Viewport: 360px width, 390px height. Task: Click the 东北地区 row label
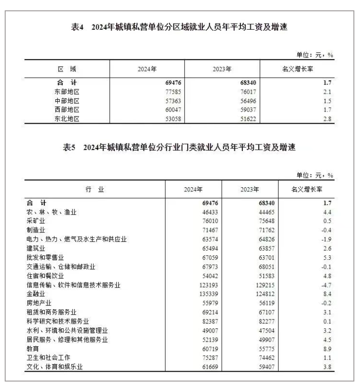point(67,119)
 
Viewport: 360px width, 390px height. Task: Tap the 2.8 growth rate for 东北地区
point(328,119)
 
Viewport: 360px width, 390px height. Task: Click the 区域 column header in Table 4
point(67,69)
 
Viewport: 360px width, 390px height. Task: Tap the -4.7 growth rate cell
point(327,285)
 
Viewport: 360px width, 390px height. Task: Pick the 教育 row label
point(33,348)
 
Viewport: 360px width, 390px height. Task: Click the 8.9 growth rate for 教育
point(328,348)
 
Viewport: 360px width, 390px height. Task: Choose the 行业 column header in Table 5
point(95,190)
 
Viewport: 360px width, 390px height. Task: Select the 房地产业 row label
point(39,303)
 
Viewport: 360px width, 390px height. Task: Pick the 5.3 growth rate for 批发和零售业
point(328,257)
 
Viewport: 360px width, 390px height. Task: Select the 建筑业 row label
point(36,248)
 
